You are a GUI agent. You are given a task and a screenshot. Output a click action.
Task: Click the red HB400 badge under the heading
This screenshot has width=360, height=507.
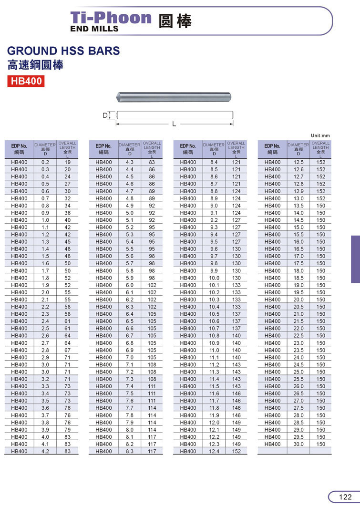coord(26,81)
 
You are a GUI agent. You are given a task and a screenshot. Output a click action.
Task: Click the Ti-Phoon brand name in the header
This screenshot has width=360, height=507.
coord(111,18)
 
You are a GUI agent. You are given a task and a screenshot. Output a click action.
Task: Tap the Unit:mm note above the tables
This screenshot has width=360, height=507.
coord(320,135)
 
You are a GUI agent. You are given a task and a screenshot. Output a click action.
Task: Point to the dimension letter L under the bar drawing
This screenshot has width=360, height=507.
coord(174,124)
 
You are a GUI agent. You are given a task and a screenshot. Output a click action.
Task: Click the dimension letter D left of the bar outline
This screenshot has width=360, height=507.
coord(104,115)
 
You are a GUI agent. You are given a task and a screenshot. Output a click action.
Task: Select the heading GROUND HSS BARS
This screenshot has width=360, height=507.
coord(63,51)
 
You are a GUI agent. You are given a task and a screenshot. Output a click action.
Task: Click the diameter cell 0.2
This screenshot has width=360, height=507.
coord(45,162)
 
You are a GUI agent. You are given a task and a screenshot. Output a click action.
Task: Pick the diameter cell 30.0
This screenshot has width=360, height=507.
coord(298,444)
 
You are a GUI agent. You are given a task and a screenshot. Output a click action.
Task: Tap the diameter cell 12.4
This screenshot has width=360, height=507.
coord(214,451)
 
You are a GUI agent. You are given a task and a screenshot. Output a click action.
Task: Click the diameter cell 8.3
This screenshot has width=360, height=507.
coord(130,451)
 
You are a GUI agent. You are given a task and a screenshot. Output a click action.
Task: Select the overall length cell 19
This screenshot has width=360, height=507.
coord(67,162)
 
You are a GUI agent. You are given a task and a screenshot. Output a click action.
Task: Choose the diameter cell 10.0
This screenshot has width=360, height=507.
coord(214,278)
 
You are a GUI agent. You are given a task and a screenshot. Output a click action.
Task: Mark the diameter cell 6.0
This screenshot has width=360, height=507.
coord(130,285)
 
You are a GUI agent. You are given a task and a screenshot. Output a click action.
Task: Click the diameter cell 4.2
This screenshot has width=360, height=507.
coord(45,451)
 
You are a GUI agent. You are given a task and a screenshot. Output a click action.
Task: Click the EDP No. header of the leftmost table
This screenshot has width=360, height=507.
coord(19,149)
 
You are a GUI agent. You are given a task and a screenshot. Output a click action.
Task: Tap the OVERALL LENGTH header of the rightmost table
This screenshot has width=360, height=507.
coord(320,147)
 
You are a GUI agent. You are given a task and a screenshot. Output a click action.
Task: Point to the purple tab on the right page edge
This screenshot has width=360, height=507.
coord(355,259)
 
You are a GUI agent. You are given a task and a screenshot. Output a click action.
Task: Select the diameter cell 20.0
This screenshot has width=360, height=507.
coord(298,300)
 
